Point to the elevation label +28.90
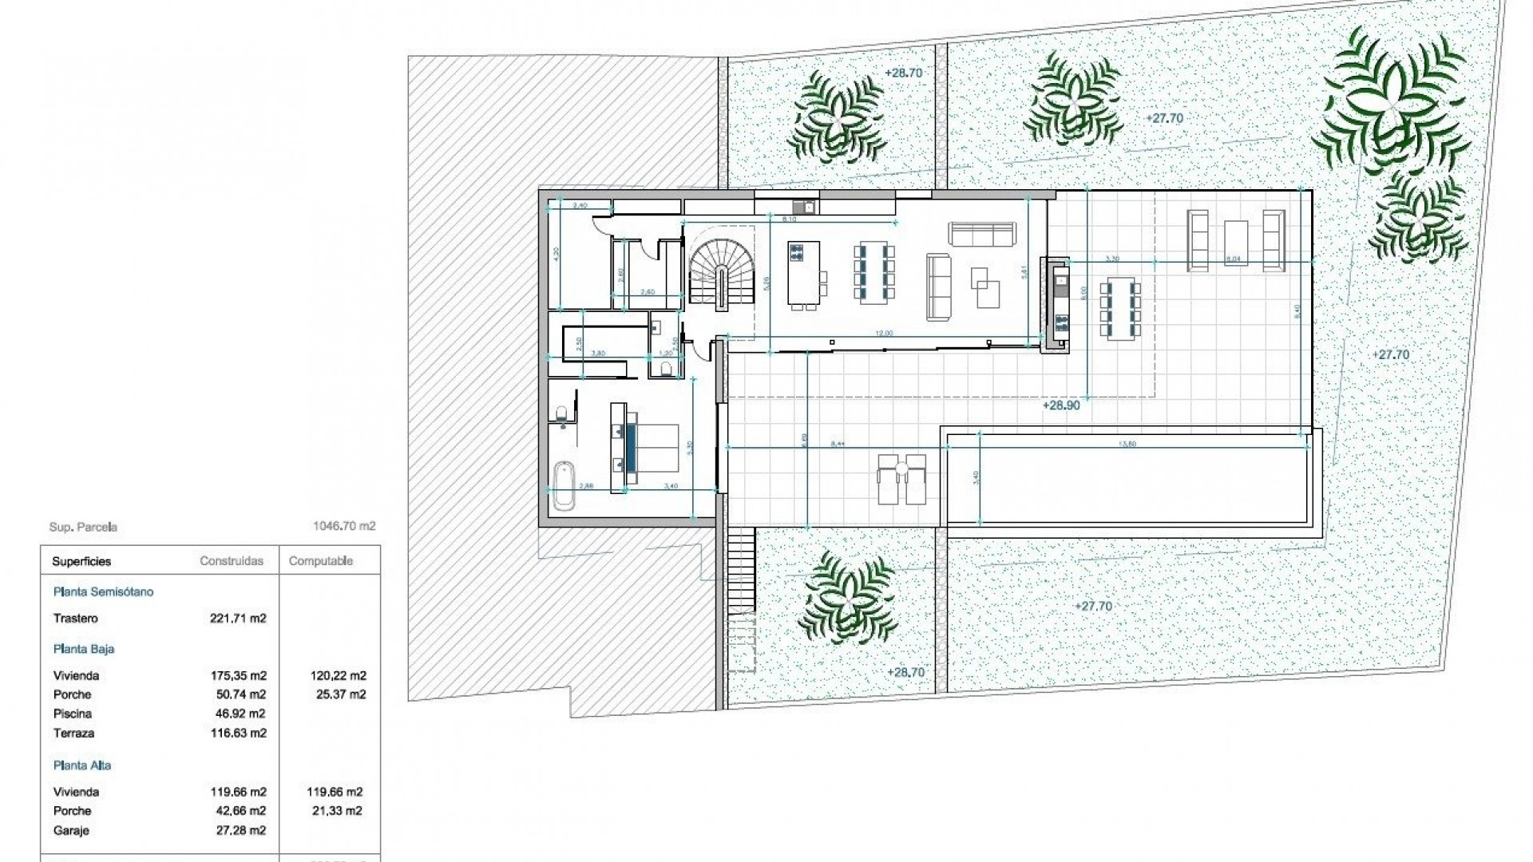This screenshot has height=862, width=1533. pos(1060,405)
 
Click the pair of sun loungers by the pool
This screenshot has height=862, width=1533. pos(901,479)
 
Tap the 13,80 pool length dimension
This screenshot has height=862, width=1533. pos(1128,444)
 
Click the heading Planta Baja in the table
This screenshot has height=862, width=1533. pos(84,649)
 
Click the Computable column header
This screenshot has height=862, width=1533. pos(320,561)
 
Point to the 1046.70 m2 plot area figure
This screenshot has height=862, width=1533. pos(344,527)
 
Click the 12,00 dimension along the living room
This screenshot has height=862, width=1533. pos(883,334)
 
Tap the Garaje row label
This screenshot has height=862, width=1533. pos(71,831)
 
